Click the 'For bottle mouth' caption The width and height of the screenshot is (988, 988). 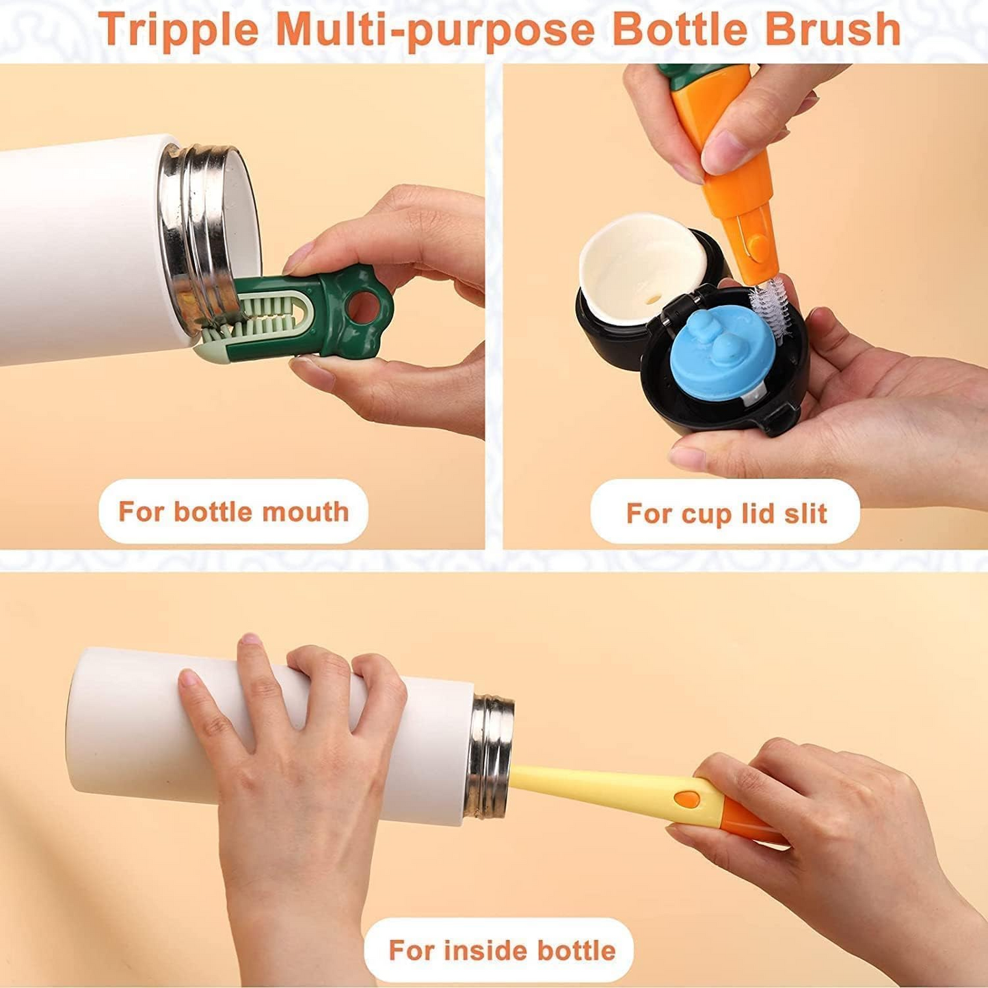click(233, 511)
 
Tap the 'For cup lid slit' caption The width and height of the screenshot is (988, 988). click(725, 513)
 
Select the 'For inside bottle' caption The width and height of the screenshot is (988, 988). click(501, 950)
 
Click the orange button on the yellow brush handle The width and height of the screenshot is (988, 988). click(686, 799)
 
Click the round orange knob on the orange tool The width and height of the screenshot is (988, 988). click(756, 243)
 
